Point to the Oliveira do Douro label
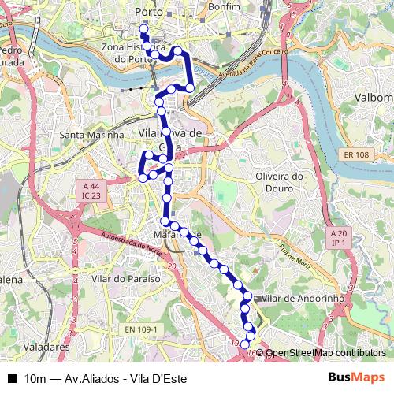(280, 182)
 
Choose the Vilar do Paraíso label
(126, 279)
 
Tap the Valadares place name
(47, 346)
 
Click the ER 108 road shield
(355, 155)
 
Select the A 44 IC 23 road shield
(90, 190)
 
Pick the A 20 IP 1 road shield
(339, 239)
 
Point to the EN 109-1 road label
(142, 329)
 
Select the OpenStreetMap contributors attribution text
(324, 353)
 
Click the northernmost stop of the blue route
(143, 29)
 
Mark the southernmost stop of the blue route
(245, 344)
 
